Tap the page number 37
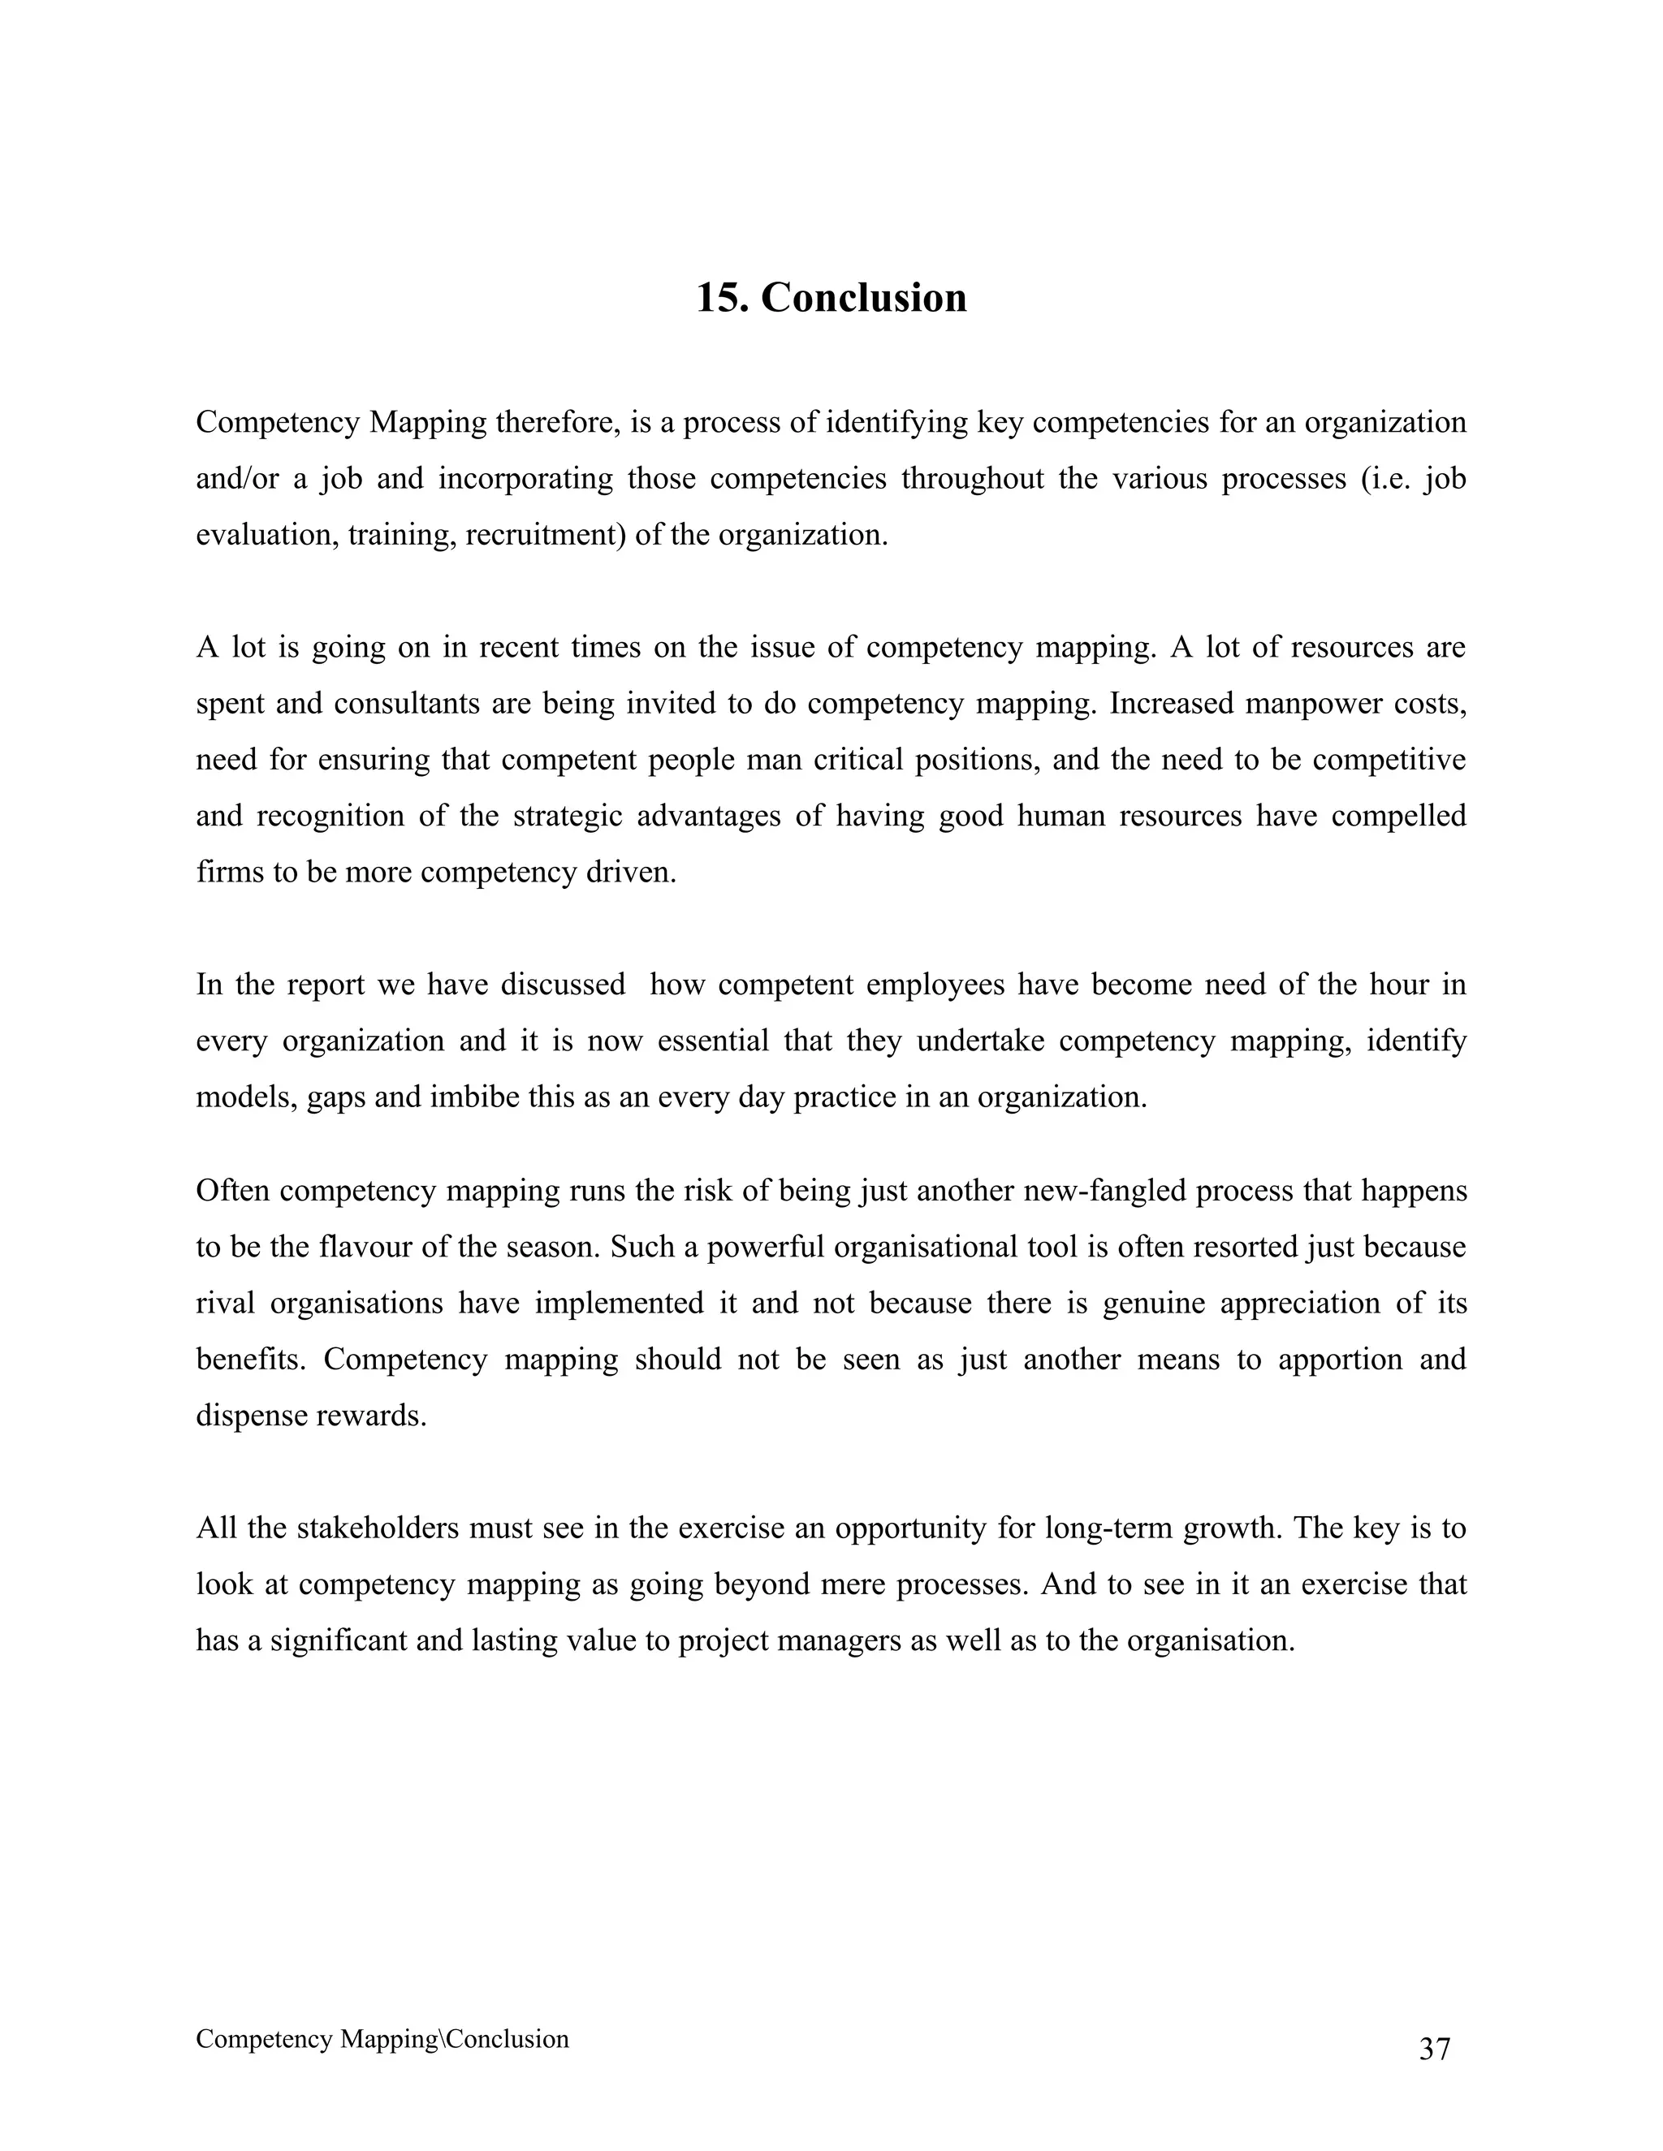[x=1435, y=2050]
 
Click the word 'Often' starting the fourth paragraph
[x=232, y=1191]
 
